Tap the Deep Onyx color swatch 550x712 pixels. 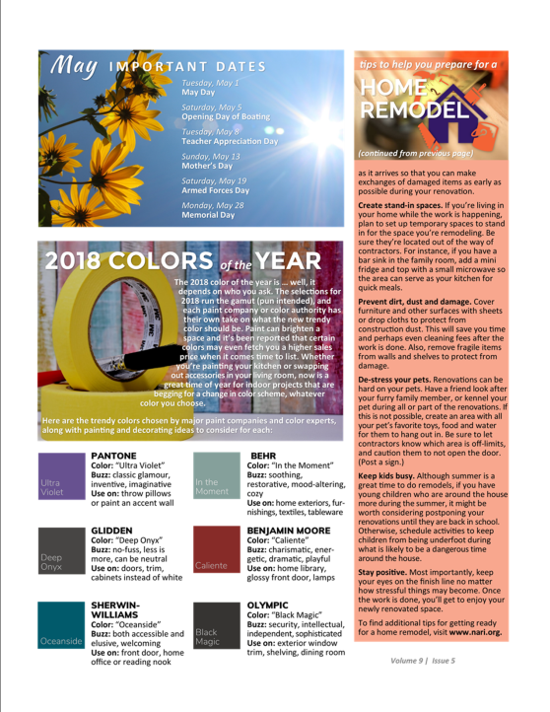coord(63,552)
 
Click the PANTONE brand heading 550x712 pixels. coord(113,456)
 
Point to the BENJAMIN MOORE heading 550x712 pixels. coord(289,531)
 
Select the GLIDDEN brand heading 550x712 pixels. coord(111,531)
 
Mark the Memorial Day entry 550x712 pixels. coord(208,214)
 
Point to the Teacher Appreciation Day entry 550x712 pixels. coord(230,141)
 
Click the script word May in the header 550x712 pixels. coord(74,66)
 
